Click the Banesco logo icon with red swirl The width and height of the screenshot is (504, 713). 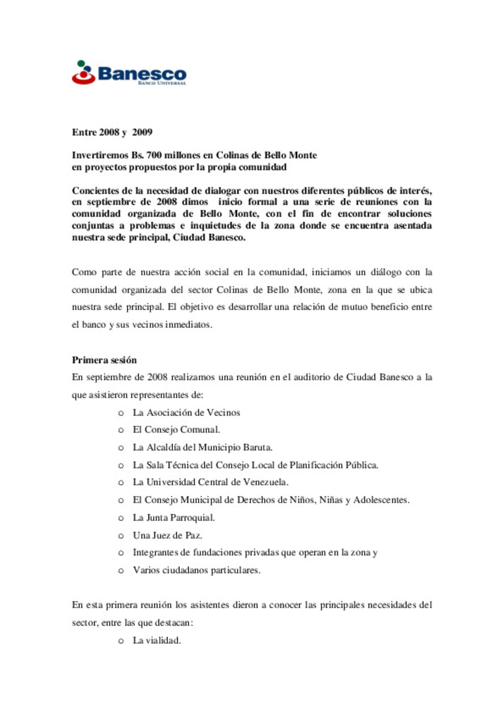click(84, 73)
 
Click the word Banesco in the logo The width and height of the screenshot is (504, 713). click(142, 73)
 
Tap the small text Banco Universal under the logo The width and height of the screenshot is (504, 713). click(162, 83)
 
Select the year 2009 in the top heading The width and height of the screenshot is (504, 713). click(142, 132)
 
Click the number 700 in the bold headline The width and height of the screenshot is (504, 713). click(154, 155)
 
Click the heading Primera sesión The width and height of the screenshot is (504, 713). click(104, 360)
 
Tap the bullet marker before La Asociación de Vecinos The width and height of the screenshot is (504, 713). click(121, 413)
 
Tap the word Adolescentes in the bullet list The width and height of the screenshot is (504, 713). click(381, 500)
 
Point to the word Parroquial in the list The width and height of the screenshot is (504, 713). click(192, 517)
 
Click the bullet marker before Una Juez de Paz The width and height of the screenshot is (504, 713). click(121, 536)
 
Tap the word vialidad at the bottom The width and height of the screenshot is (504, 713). click(163, 640)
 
